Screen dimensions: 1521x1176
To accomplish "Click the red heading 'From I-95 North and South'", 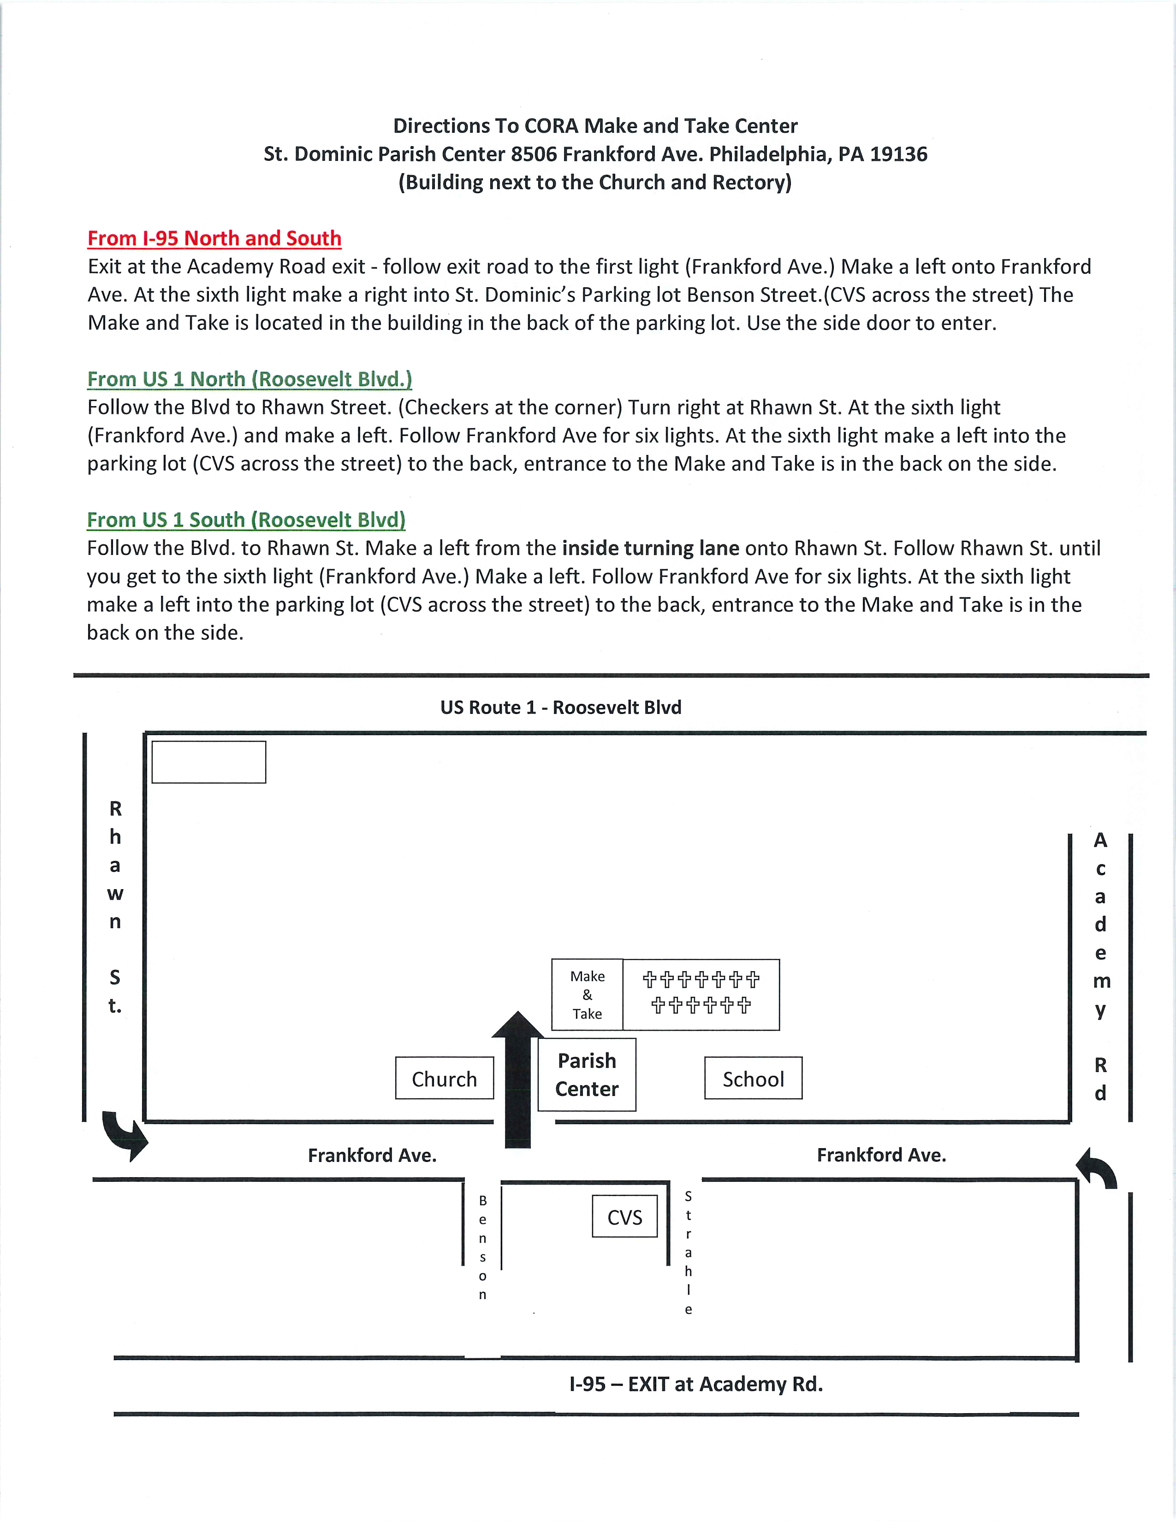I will click(214, 238).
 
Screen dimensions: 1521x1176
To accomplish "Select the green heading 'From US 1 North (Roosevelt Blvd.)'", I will click(249, 379).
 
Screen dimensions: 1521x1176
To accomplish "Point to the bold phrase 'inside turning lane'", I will click(650, 548).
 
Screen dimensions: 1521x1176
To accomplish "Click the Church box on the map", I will click(445, 1079).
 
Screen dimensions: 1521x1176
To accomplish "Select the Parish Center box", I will click(587, 1074).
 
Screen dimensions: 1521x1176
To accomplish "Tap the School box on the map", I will click(753, 1079).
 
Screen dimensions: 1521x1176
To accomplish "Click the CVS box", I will click(624, 1217).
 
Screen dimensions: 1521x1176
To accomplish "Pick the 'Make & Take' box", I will click(587, 995).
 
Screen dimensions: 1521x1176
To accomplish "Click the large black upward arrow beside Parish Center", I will click(517, 1079).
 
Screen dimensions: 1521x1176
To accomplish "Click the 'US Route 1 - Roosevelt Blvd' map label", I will click(561, 707).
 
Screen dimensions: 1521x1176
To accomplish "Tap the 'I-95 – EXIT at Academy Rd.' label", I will click(695, 1384).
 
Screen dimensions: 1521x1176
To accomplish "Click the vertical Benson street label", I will click(482, 1247).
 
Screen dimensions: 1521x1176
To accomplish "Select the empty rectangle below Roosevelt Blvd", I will click(208, 762).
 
